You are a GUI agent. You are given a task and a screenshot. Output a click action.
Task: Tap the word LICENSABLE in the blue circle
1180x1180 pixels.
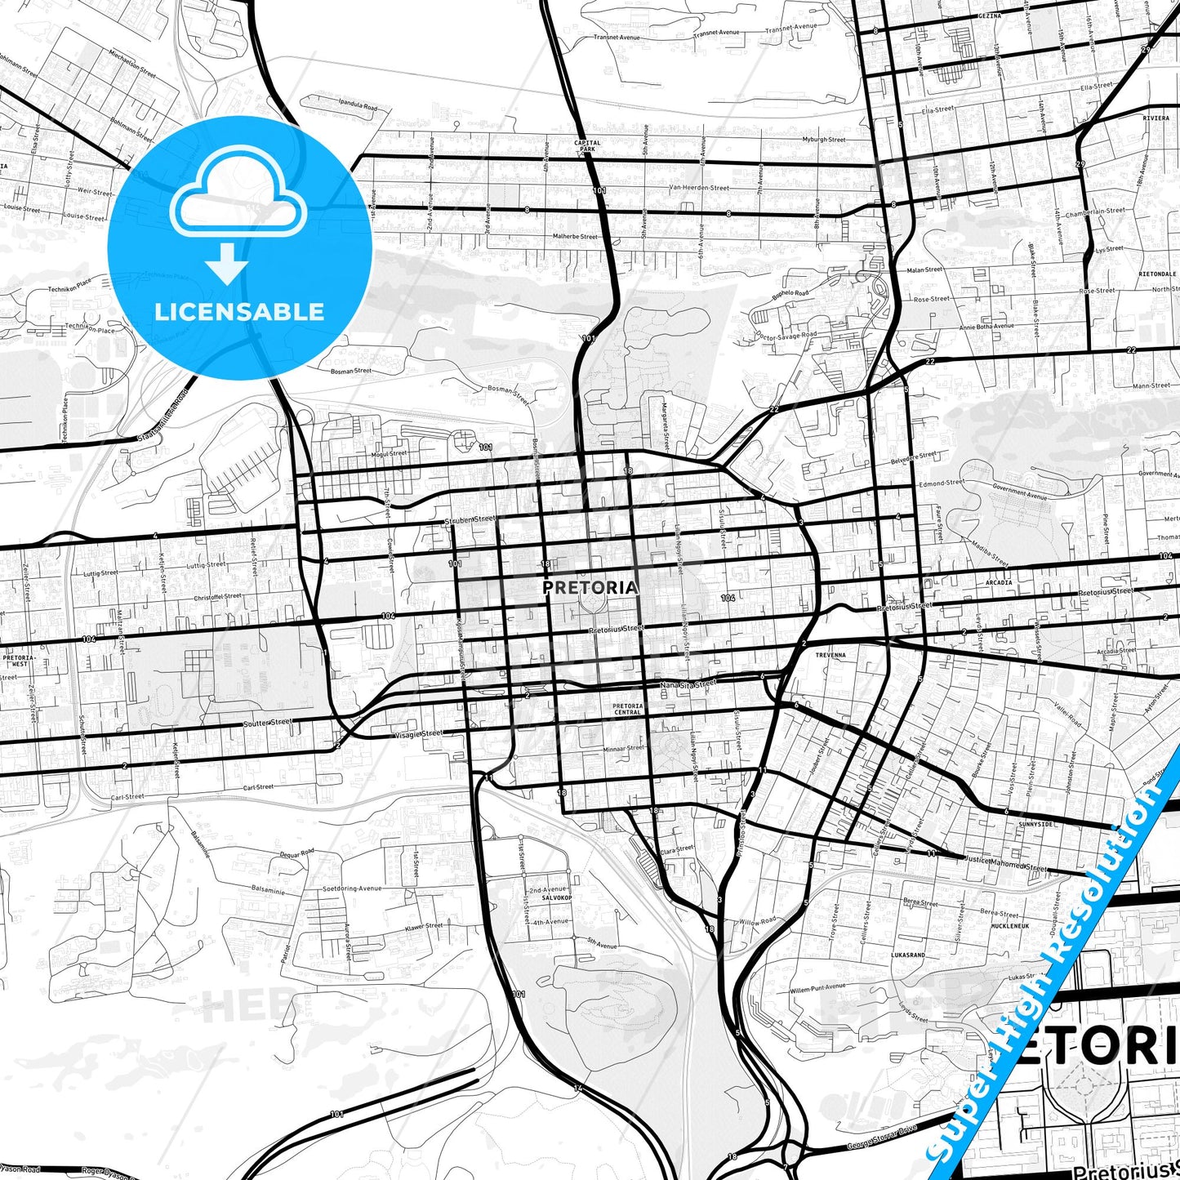pos(239,311)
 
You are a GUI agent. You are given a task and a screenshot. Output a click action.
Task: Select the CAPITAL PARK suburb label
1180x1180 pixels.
pos(587,146)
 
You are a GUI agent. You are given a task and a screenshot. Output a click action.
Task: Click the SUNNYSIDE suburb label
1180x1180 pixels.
pos(1036,825)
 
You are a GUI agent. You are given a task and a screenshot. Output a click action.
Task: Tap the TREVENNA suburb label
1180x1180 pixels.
pos(830,655)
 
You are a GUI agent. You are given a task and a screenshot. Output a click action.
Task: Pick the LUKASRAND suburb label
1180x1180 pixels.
pos(908,955)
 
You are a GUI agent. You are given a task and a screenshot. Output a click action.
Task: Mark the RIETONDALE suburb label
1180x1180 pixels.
pos(1158,274)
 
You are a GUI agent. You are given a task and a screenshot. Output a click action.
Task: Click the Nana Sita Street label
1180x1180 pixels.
pos(688,683)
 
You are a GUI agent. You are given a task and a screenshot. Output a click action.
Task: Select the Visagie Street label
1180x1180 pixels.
pos(419,733)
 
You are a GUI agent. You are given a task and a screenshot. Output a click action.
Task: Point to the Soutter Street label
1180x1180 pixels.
pos(267,723)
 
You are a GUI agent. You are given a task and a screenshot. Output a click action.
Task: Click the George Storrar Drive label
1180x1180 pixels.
pos(881,1139)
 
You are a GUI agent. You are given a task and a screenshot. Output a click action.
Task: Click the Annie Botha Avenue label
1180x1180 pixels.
pos(986,326)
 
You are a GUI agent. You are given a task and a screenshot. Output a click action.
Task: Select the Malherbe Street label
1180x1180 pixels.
pos(575,237)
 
